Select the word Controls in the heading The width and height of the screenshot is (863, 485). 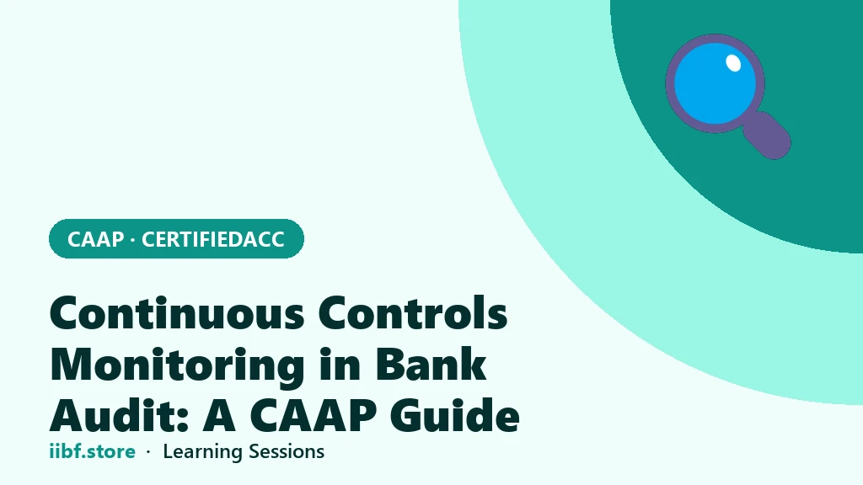pos(413,313)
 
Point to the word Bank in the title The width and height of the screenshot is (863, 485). pos(431,364)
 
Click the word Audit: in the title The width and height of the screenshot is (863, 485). pos(120,415)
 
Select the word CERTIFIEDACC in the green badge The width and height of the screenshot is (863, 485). pos(213,239)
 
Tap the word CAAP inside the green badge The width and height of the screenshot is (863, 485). pos(96,239)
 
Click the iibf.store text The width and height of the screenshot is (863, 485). pos(92,451)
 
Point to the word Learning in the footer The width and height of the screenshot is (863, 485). pos(203,452)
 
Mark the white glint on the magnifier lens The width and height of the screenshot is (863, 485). pos(733,63)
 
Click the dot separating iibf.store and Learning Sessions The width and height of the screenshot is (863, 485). pos(148,452)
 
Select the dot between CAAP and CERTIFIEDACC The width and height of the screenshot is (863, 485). pos(132,240)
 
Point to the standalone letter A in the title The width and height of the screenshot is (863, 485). pos(220,416)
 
